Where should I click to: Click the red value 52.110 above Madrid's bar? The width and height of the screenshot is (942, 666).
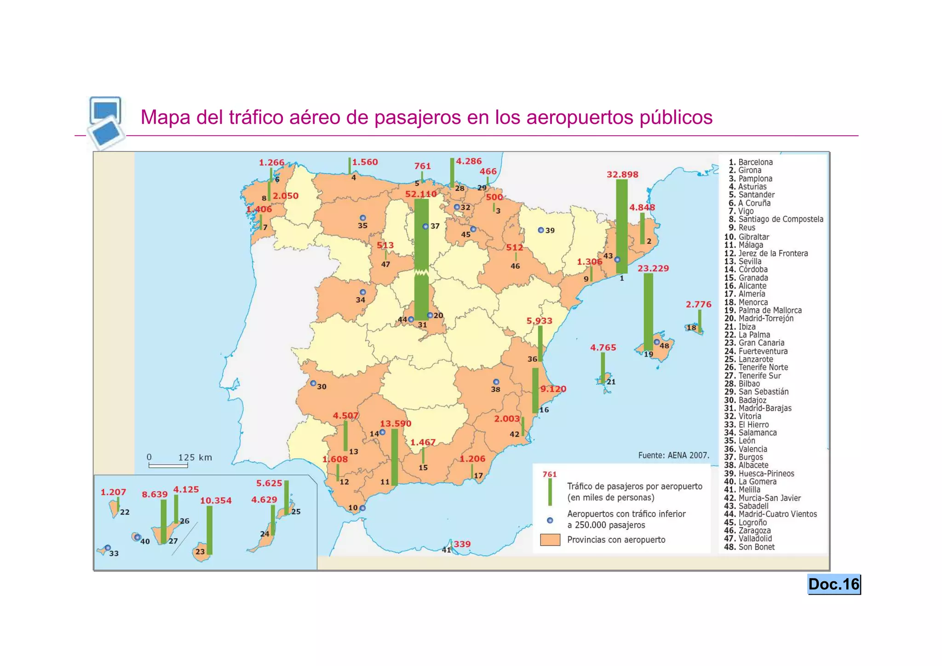pos(421,194)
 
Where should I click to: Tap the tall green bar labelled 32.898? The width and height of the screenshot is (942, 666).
pos(621,226)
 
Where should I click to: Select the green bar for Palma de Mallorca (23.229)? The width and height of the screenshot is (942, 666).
pos(648,312)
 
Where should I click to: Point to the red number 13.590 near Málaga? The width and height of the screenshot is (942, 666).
pos(396,423)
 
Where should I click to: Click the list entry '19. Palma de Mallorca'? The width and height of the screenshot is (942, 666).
pos(763,310)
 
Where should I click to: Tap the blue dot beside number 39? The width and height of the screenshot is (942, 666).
pos(541,230)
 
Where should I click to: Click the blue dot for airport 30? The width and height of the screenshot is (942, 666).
pos(313,383)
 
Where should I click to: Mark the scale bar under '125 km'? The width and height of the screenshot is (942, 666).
pos(168,466)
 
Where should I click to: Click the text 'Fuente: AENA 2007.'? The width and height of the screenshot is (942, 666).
pos(673,455)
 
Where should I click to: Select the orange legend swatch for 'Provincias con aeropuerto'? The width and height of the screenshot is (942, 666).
pos(550,540)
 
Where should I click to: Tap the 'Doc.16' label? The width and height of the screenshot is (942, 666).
pos(833,584)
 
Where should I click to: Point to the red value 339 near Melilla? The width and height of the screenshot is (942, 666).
pos(462,544)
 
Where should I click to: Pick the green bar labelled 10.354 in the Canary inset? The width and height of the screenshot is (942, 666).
pos(209,530)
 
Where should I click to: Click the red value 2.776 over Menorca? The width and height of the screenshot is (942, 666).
pos(698,304)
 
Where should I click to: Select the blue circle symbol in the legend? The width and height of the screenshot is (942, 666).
pos(550,520)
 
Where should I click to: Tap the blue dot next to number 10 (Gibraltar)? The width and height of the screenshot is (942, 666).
pos(362,508)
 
